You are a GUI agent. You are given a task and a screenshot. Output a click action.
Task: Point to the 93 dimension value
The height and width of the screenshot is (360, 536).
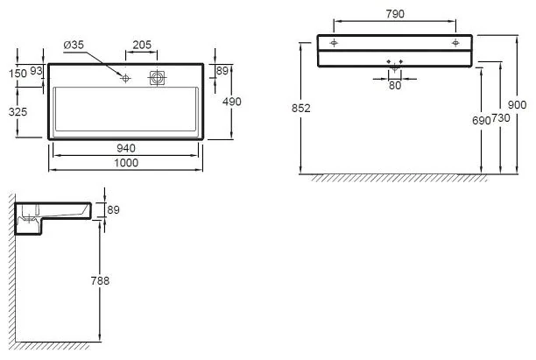point(37,71)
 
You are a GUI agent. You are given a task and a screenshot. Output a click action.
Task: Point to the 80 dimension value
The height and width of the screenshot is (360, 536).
point(395,85)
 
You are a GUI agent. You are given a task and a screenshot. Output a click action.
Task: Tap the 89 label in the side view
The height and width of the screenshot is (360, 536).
point(112,210)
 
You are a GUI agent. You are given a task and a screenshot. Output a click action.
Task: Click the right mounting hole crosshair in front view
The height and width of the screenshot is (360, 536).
point(455,42)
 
